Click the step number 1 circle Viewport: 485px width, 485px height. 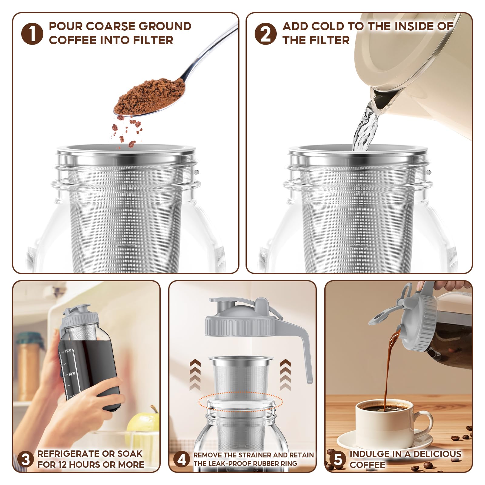pos(32,34)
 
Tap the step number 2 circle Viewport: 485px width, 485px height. pos(265,34)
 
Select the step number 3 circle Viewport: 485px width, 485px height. pos(25,459)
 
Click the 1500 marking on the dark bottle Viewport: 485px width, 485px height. pos(68,351)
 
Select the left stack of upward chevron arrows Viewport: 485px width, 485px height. pos(195,375)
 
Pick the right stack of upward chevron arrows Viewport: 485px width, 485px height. pos(285,375)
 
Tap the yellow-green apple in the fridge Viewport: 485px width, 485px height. pos(142,424)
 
